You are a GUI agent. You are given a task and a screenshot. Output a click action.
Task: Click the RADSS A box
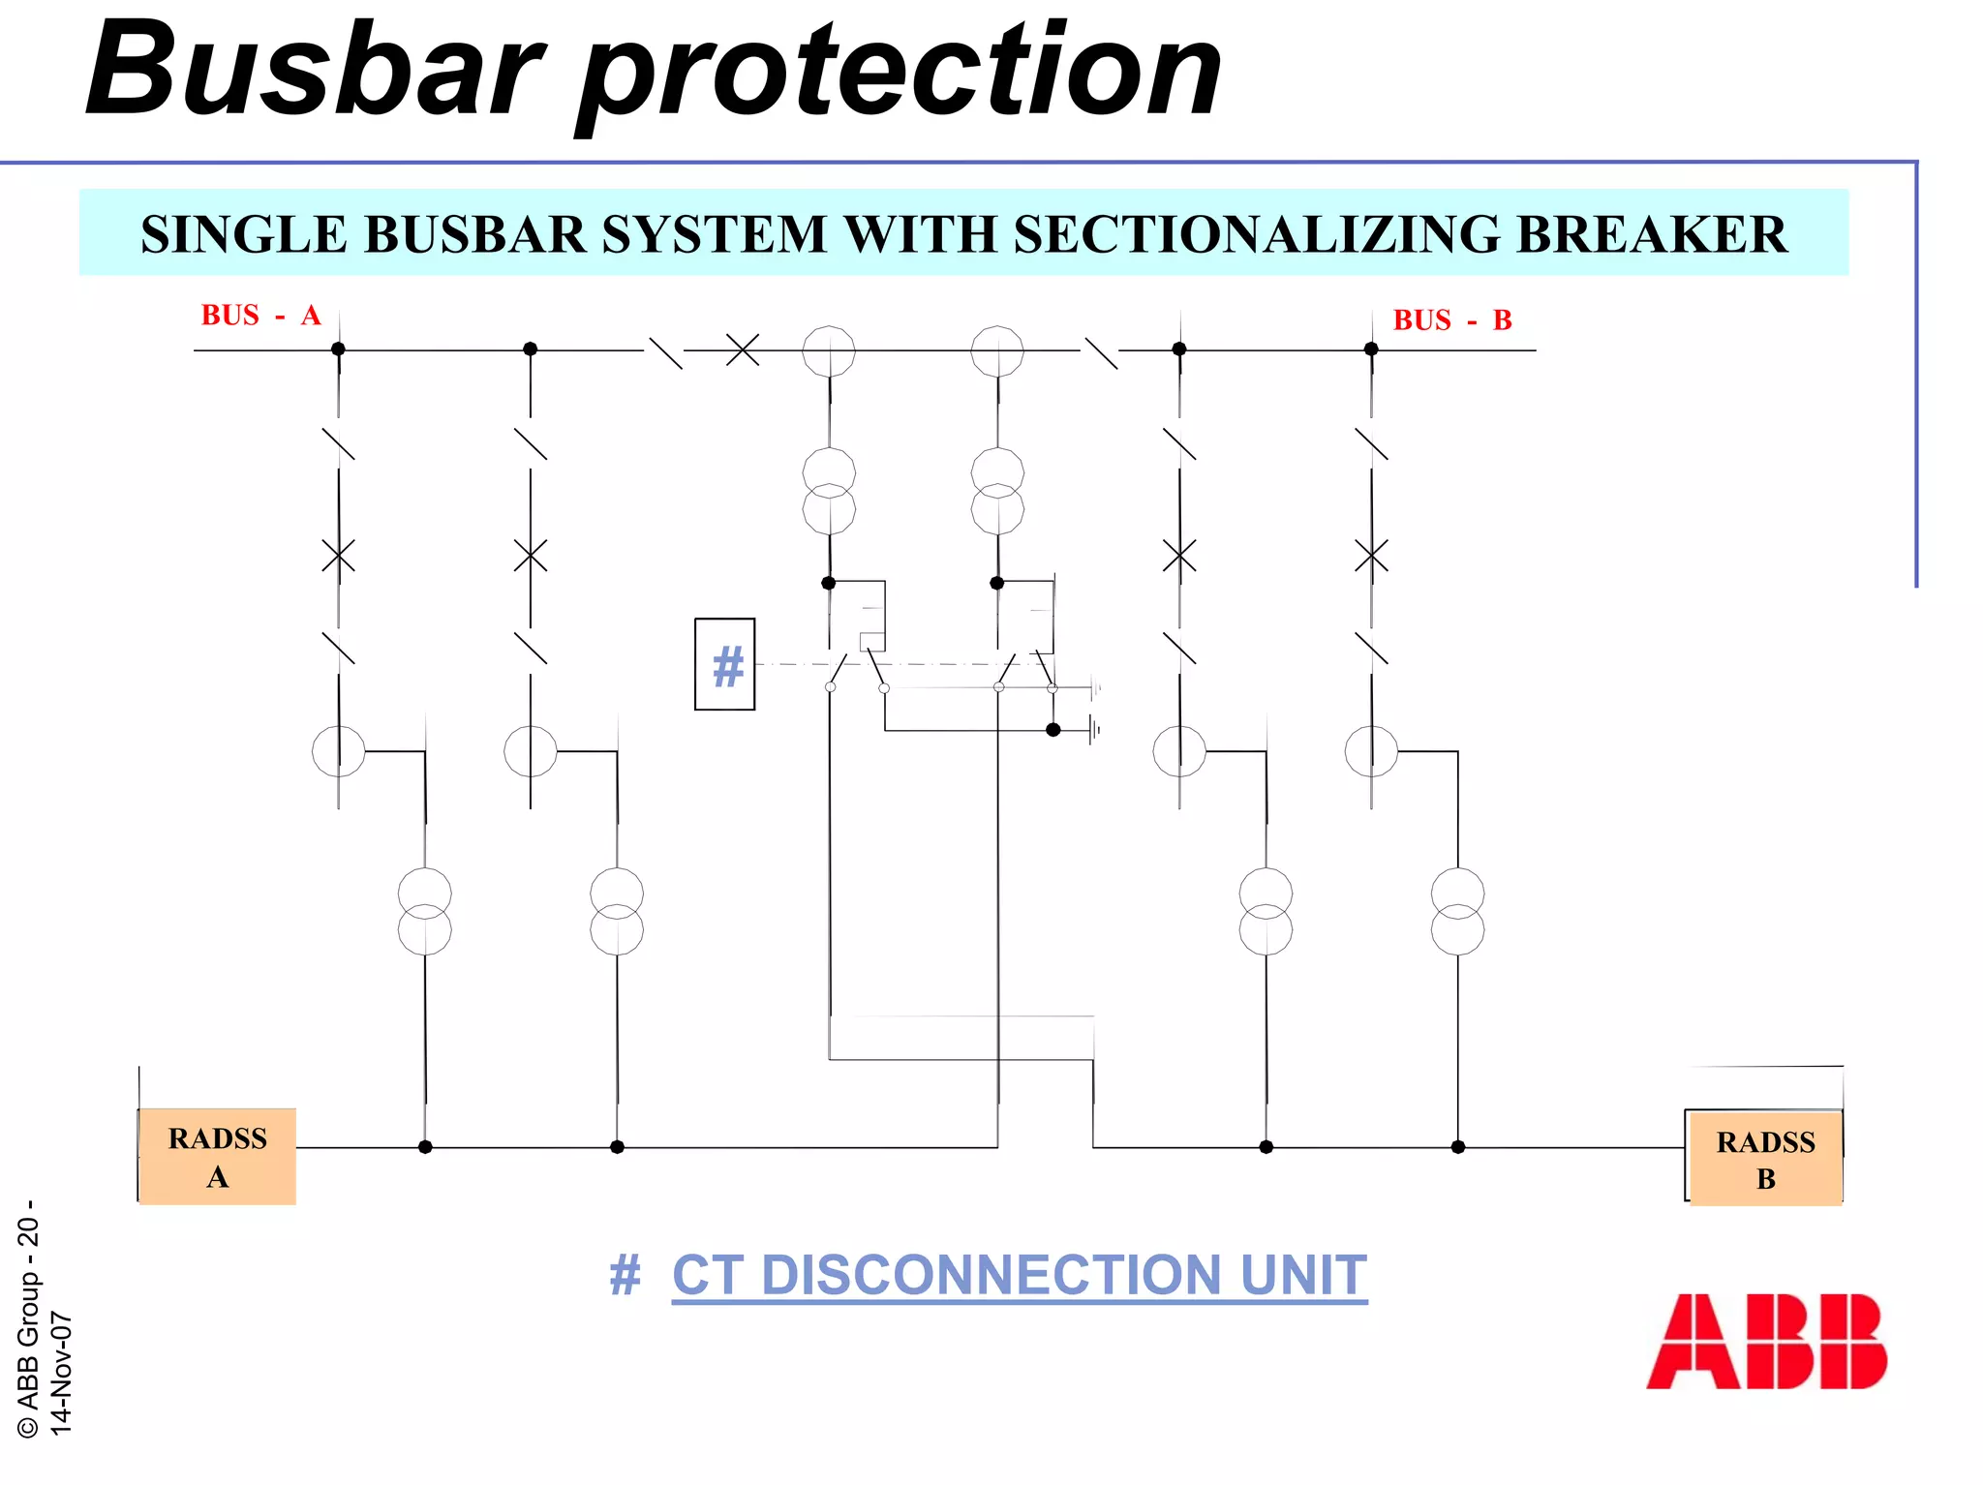217,1156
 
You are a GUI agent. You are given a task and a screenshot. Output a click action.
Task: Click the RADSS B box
1765,1158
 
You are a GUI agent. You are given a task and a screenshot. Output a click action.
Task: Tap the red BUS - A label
260,316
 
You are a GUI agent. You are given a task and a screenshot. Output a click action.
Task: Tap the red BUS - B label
1451,320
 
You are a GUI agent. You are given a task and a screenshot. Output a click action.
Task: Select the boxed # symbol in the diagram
725,665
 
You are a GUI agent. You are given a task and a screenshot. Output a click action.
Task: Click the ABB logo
1766,1341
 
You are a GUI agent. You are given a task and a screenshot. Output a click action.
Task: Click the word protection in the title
900,73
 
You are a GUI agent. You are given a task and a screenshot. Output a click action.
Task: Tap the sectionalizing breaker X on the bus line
743,349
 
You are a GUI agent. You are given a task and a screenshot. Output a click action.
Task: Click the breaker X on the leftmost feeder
338,557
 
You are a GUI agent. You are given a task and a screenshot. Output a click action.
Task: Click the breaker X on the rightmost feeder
1371,557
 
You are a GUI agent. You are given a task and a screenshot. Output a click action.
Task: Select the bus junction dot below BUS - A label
338,349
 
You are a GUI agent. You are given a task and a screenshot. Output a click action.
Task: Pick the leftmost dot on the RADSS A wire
425,1147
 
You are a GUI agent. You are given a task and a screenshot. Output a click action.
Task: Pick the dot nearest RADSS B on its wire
1458,1147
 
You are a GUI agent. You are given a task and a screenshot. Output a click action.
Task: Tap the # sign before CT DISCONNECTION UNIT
625,1275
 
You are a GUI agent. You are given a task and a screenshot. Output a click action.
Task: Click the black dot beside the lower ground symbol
1053,730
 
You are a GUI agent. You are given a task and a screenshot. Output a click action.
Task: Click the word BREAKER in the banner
1652,235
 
